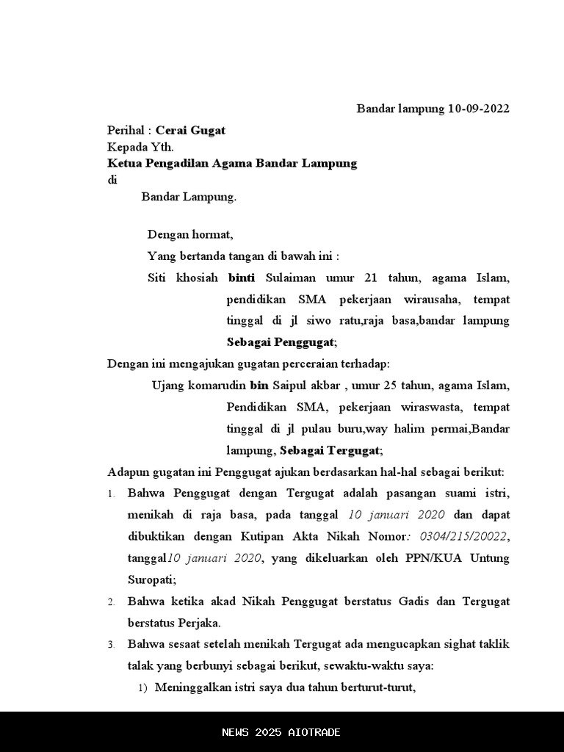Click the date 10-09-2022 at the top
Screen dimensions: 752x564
tap(478, 109)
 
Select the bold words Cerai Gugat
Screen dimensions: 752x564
tap(190, 131)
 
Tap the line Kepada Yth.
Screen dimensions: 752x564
tap(140, 147)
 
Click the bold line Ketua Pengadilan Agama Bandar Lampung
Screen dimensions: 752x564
tap(232, 163)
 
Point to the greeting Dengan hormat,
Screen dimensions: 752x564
tap(190, 235)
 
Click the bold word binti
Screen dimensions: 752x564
tap(242, 278)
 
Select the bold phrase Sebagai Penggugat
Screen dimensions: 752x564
tap(281, 342)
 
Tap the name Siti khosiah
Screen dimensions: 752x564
tap(183, 278)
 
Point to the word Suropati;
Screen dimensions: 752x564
tap(152, 580)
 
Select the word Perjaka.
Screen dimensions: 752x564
tap(194, 623)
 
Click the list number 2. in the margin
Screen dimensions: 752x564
tap(111, 602)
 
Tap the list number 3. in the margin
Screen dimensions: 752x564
tap(111, 645)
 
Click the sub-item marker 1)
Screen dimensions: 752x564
tap(143, 688)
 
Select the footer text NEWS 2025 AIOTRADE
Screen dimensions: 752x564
tap(281, 732)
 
